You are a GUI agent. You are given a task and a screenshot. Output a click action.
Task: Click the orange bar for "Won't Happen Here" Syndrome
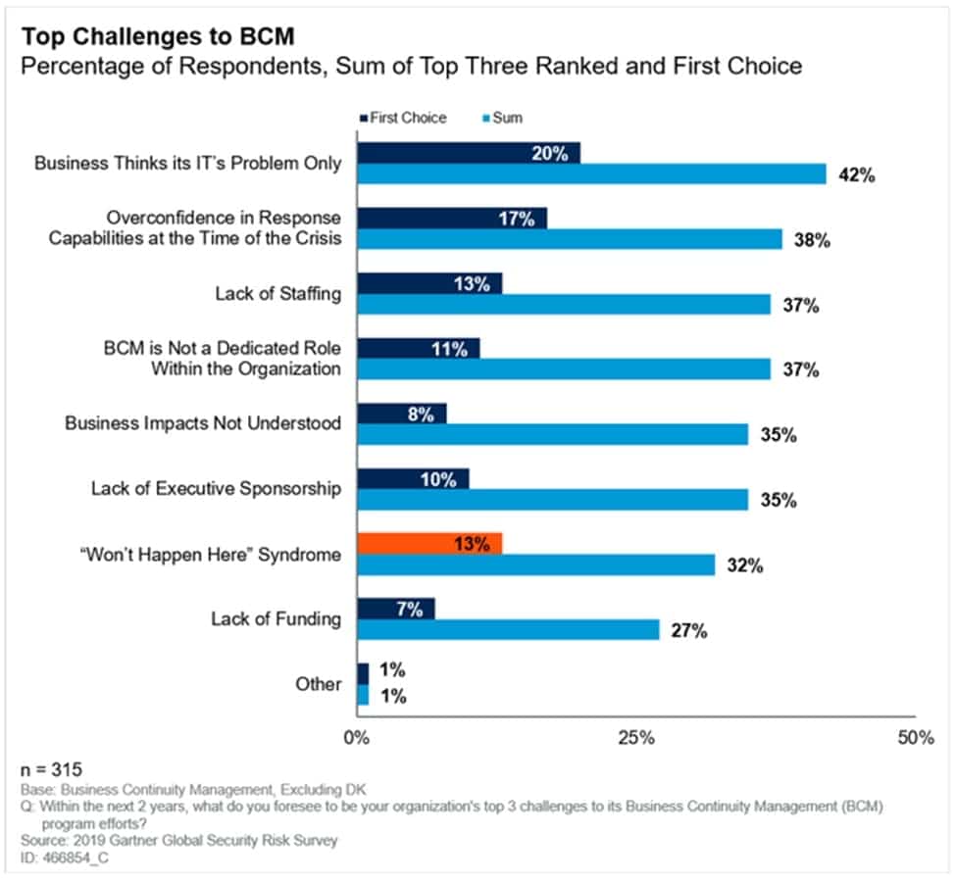tap(429, 543)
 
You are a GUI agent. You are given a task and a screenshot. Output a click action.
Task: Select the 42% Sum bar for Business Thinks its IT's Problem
tap(591, 174)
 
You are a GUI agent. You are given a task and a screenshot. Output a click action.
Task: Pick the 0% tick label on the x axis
tap(357, 738)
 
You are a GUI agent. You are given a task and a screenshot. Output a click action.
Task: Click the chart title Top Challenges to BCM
tap(158, 37)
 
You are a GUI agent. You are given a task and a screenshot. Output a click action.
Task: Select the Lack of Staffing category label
tap(278, 294)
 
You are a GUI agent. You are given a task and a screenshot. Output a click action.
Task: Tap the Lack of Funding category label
tap(277, 618)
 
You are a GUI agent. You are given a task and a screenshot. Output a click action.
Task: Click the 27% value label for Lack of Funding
tap(689, 631)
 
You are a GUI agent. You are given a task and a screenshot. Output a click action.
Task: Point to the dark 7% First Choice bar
tap(395, 609)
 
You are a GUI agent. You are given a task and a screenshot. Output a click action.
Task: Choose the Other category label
tap(320, 684)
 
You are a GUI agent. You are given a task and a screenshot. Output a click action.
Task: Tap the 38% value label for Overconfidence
tap(812, 241)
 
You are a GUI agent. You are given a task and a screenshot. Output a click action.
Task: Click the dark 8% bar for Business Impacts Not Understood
tap(401, 414)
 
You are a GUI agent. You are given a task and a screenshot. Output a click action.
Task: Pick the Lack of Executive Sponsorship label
tap(217, 489)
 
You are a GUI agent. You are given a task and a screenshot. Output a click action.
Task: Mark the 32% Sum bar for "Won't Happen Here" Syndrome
tap(535, 565)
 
